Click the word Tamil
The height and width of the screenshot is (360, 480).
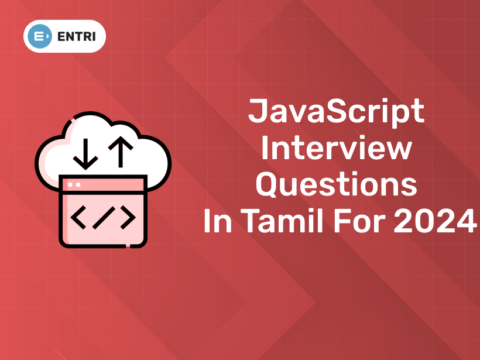pos(284,220)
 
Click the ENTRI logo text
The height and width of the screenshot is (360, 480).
pos(77,37)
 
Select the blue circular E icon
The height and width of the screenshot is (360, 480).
pos(40,36)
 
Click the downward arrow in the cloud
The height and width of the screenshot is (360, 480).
pos(85,154)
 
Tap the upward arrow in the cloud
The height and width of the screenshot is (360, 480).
pos(121,152)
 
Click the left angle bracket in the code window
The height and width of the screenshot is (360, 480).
pos(78,217)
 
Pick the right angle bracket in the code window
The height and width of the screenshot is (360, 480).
pos(128,217)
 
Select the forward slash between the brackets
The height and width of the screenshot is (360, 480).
pos(104,218)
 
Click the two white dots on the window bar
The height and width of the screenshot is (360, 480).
pos(74,184)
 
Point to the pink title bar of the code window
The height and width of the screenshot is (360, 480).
pos(103,185)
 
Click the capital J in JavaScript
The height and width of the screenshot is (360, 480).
pos(256,111)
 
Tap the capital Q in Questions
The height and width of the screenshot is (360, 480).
pos(267,184)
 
